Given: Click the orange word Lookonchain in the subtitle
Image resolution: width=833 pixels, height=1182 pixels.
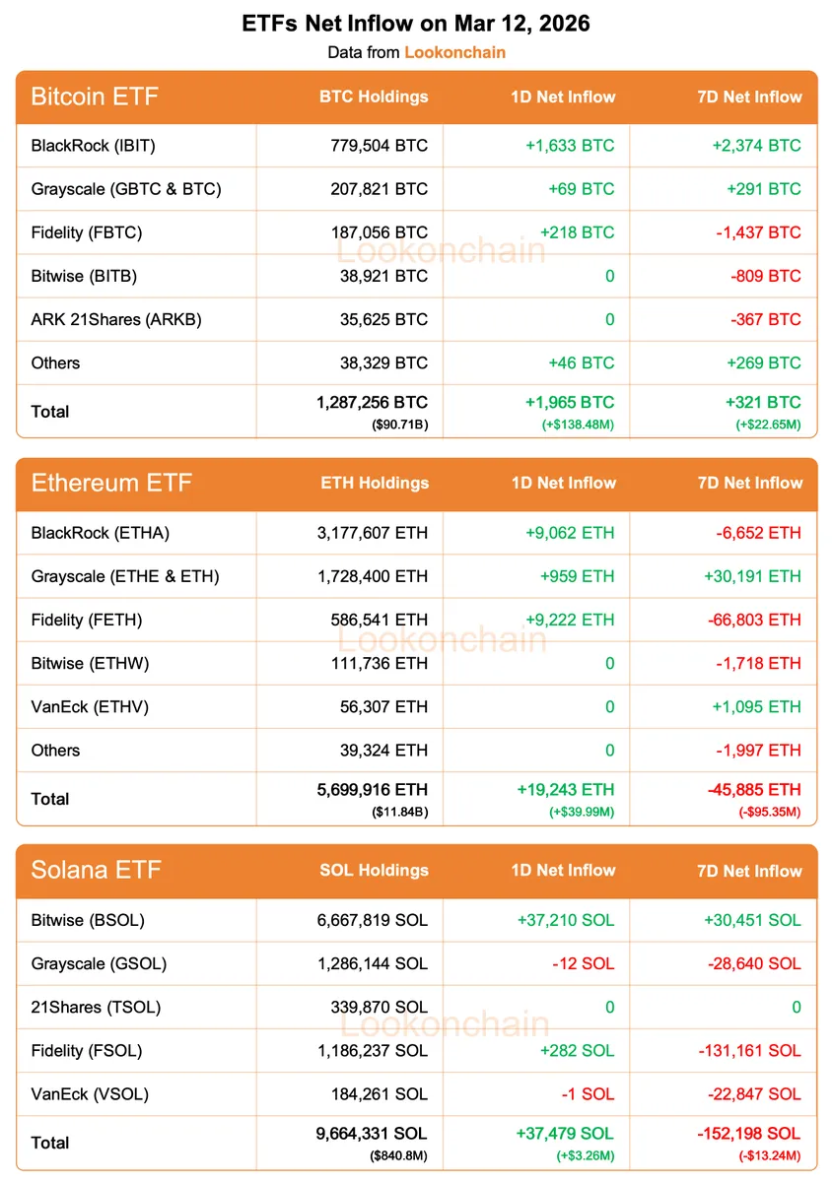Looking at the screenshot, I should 454,52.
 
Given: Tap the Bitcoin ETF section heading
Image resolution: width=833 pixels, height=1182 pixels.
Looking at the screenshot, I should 95,97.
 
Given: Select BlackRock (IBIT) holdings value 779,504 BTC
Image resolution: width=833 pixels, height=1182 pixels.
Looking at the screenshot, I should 380,146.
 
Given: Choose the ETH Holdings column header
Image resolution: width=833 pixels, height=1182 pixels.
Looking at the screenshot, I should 375,483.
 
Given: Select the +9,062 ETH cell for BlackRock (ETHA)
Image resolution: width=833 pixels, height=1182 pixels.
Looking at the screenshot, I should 570,533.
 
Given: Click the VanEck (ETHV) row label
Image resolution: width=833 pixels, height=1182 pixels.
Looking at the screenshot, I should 90,706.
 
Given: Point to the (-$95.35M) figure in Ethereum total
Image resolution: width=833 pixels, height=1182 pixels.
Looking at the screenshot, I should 769,813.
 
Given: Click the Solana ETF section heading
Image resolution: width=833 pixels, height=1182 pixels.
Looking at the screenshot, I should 96,871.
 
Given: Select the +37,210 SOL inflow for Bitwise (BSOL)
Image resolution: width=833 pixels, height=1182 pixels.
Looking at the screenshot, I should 565,920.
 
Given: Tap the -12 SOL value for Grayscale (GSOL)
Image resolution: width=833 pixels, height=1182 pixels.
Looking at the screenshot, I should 583,963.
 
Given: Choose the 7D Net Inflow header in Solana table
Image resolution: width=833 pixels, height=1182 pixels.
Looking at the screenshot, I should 748,871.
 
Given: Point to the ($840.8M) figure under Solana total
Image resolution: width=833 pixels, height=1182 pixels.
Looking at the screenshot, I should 398,1156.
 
